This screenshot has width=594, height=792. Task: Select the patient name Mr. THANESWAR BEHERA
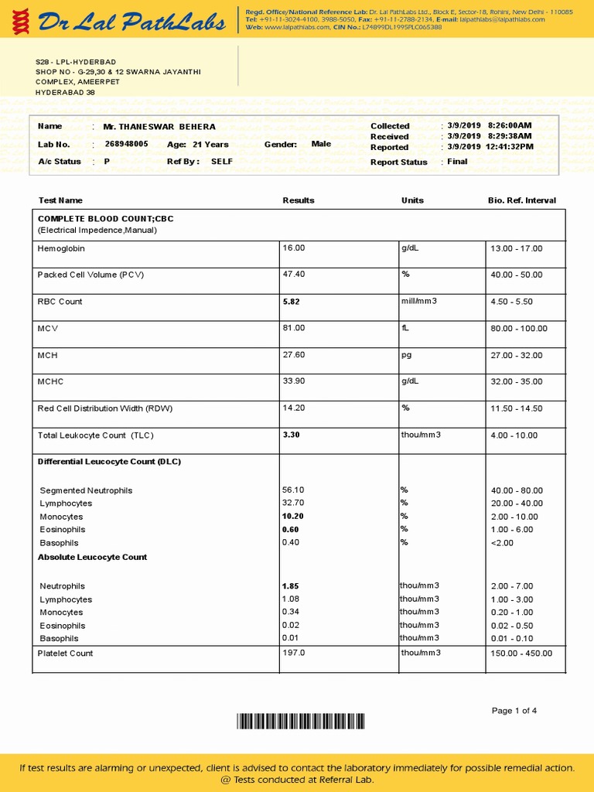pyautogui.click(x=159, y=126)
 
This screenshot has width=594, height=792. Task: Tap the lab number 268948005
pyautogui.click(x=126, y=144)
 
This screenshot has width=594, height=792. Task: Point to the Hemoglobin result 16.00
pyautogui.click(x=294, y=248)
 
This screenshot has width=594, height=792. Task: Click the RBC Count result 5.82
pyautogui.click(x=291, y=302)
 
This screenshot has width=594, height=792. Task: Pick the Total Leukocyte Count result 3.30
pyautogui.click(x=291, y=435)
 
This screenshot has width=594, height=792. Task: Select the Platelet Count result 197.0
pyautogui.click(x=294, y=653)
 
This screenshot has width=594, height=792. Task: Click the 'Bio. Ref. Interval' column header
pyautogui.click(x=521, y=200)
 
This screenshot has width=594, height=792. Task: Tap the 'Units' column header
pyautogui.click(x=412, y=200)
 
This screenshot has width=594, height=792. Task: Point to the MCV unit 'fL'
pyautogui.click(x=405, y=328)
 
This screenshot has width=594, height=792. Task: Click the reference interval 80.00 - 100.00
pyautogui.click(x=518, y=329)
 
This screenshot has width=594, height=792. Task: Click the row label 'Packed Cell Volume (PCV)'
pyautogui.click(x=90, y=275)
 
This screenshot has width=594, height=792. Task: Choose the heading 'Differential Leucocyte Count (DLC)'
pyautogui.click(x=109, y=462)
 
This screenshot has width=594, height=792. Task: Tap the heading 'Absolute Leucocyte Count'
pyautogui.click(x=92, y=557)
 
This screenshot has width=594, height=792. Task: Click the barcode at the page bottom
pyautogui.click(x=301, y=722)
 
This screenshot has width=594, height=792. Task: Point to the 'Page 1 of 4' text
pyautogui.click(x=514, y=711)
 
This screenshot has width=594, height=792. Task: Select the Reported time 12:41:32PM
pyautogui.click(x=510, y=147)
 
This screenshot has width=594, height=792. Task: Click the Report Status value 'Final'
pyautogui.click(x=457, y=162)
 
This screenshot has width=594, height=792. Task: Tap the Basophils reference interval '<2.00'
pyautogui.click(x=501, y=542)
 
